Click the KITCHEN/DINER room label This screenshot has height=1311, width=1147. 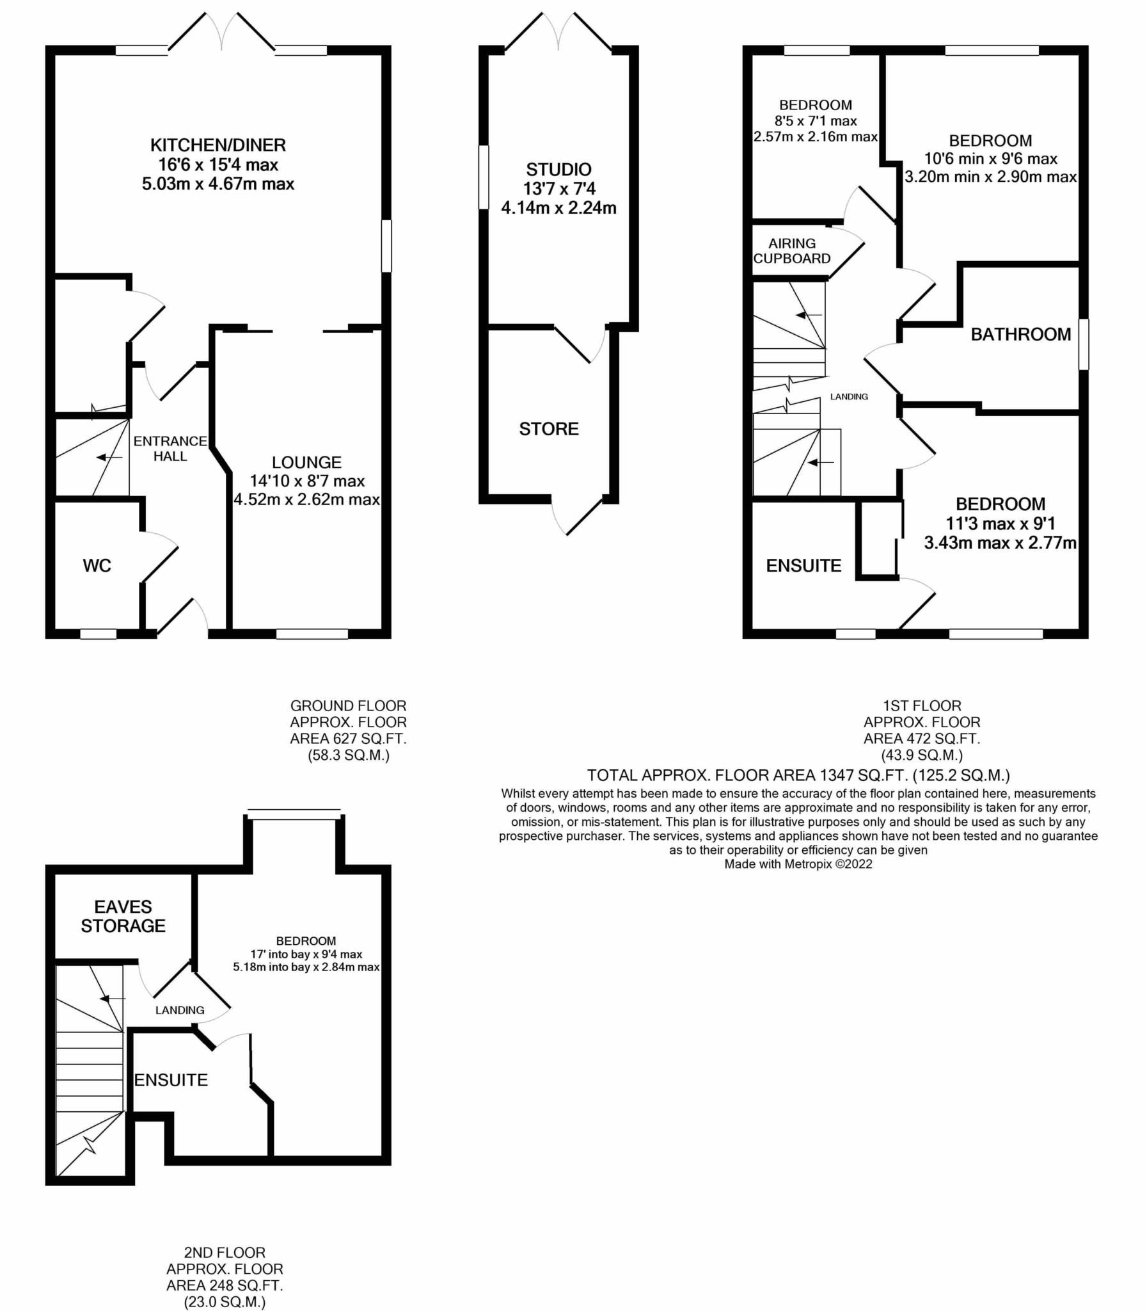[x=218, y=145]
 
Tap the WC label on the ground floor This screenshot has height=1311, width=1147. [x=97, y=565]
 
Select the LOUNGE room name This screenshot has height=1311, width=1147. [x=306, y=462]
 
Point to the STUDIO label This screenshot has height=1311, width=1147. [x=558, y=170]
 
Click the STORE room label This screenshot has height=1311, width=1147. [x=548, y=428]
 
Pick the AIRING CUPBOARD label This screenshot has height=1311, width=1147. [x=792, y=251]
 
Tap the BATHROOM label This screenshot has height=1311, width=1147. [x=1020, y=334]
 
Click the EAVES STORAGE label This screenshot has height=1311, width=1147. [x=123, y=916]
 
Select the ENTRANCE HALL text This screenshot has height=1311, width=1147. [x=170, y=448]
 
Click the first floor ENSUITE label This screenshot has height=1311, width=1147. [x=803, y=565]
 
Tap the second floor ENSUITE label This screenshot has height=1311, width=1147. [x=171, y=1081]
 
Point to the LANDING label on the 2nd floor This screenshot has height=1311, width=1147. [x=180, y=1010]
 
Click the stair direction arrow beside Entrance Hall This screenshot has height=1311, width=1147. [x=109, y=457]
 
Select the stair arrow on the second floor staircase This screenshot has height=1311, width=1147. [x=113, y=999]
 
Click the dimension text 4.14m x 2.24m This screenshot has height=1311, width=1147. [x=558, y=208]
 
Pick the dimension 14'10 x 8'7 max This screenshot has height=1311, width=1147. [x=306, y=481]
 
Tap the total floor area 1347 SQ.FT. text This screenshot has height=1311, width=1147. [x=798, y=776]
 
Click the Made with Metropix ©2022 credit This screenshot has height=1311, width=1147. [x=798, y=864]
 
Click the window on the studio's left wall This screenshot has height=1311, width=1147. [x=484, y=177]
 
